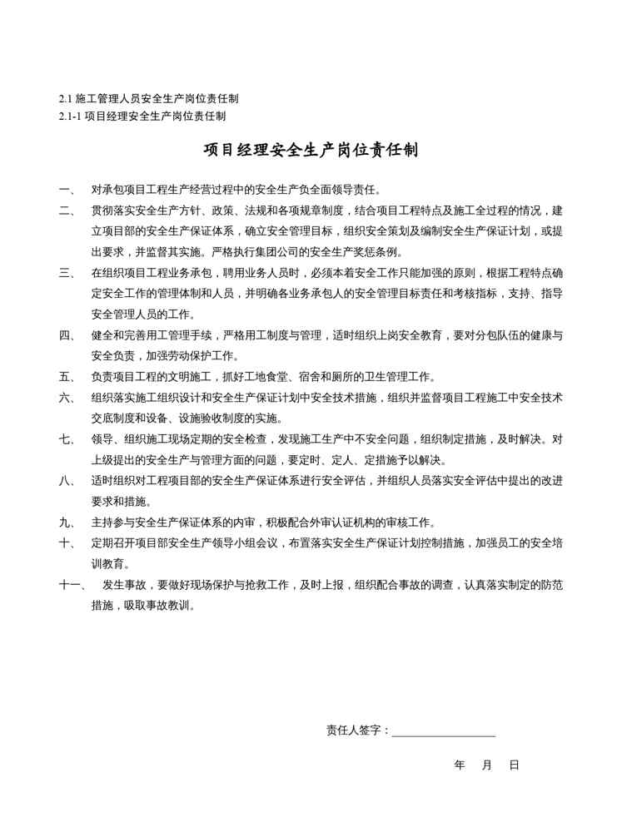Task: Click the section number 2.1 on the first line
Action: pyautogui.click(x=66, y=99)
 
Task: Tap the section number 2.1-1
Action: pyautogui.click(x=70, y=116)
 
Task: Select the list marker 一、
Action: pyautogui.click(x=67, y=189)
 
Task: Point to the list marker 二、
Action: pyautogui.click(x=67, y=210)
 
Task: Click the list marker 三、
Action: pyautogui.click(x=67, y=272)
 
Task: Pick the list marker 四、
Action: pyautogui.click(x=67, y=334)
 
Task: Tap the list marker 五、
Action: pyautogui.click(x=67, y=376)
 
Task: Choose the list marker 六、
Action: pyautogui.click(x=67, y=397)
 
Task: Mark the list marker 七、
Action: pyautogui.click(x=67, y=438)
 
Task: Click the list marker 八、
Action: pyautogui.click(x=67, y=480)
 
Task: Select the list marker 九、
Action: pyautogui.click(x=67, y=522)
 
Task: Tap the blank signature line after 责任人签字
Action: pyautogui.click(x=444, y=733)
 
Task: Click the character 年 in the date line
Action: pyautogui.click(x=460, y=764)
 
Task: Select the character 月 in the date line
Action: pyautogui.click(x=487, y=764)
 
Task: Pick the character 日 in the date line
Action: pyautogui.click(x=514, y=764)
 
